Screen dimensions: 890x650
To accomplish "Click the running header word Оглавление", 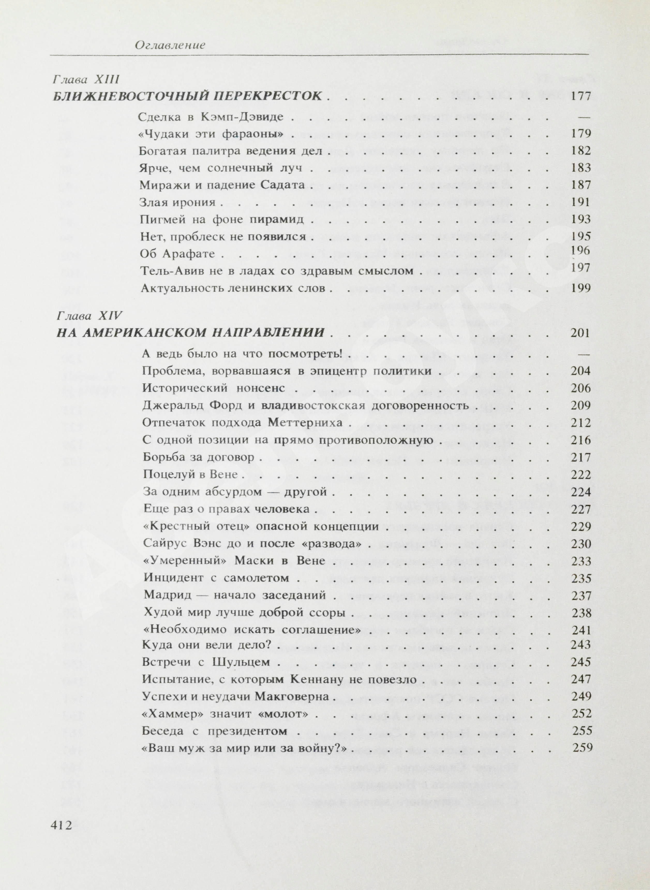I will [x=170, y=45].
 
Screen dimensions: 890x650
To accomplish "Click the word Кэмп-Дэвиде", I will [x=242, y=117].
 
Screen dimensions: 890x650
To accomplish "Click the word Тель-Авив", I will [x=170, y=271].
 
